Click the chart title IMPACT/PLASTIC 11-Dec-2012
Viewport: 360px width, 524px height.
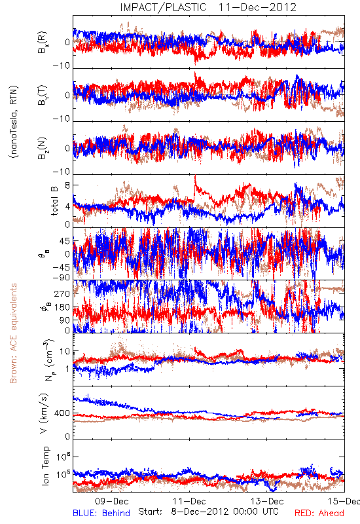coord(208,7)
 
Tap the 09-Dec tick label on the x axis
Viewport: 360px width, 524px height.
coord(111,501)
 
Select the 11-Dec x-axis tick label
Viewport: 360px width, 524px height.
coord(189,501)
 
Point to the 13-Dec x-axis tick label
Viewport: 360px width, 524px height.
coord(267,501)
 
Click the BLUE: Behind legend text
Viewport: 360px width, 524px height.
coord(101,513)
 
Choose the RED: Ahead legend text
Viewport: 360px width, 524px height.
coord(319,513)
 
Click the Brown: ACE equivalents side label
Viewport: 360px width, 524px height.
coord(13,333)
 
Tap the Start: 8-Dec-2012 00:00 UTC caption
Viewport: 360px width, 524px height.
coord(208,512)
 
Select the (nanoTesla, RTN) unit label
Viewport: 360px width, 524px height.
coord(14,122)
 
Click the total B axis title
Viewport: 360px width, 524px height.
coord(54,201)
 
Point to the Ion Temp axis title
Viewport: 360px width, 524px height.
coord(45,466)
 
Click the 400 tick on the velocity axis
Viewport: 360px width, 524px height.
coord(62,413)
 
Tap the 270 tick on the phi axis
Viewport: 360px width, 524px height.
coord(62,293)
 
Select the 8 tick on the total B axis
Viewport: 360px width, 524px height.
coord(67,185)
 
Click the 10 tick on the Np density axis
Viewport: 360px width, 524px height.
coord(65,352)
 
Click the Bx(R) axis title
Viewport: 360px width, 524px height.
coord(43,42)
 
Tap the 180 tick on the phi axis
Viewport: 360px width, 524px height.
coord(62,307)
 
